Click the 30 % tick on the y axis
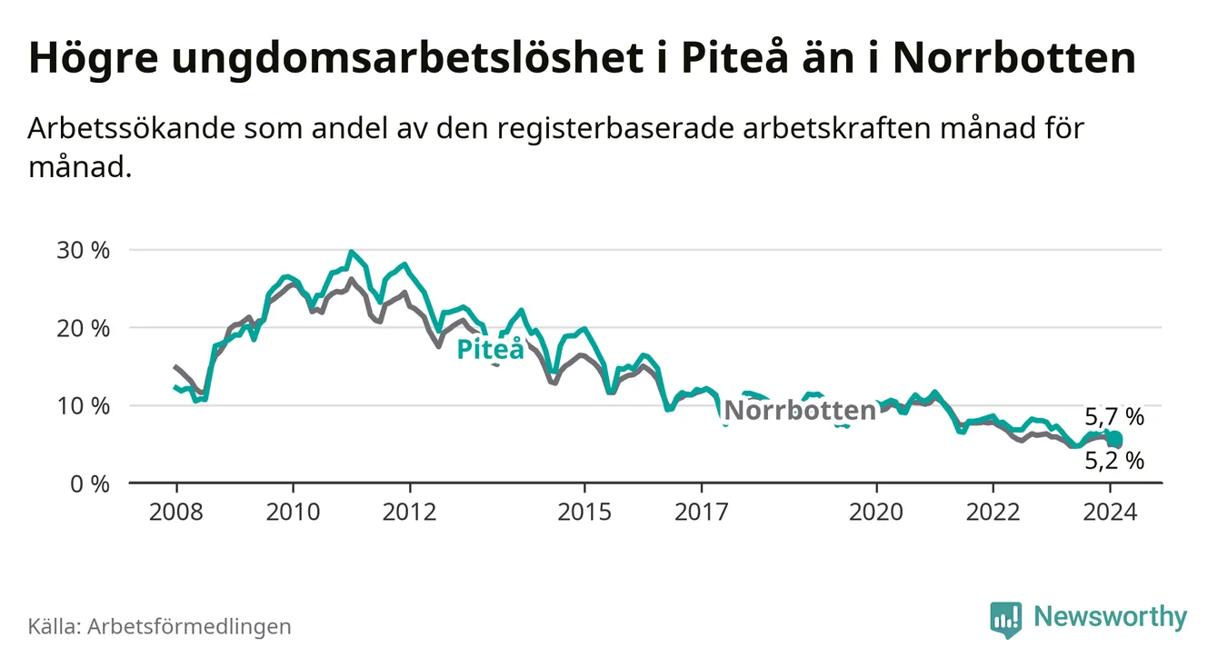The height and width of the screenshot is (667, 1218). click(x=85, y=250)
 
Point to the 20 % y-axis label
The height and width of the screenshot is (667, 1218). click(x=85, y=328)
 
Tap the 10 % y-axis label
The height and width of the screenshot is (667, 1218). click(x=85, y=406)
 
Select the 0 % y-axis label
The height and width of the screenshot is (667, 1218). click(x=90, y=484)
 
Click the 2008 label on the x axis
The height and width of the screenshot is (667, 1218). click(x=175, y=512)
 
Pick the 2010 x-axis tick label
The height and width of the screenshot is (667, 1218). click(x=293, y=512)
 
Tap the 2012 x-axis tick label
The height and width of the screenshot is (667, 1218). click(x=410, y=512)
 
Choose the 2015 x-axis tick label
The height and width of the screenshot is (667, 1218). click(x=584, y=512)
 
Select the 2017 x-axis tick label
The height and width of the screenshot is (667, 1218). click(x=701, y=512)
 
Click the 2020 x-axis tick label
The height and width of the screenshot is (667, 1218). click(x=876, y=512)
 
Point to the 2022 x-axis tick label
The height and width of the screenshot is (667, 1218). click(x=993, y=512)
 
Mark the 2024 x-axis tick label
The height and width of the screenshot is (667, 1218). click(x=1110, y=512)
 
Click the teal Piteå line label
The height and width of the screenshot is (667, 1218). click(x=491, y=349)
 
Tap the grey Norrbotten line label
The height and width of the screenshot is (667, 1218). click(x=799, y=411)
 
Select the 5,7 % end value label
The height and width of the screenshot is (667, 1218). click(x=1114, y=418)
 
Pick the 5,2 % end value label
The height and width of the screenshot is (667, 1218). click(x=1114, y=462)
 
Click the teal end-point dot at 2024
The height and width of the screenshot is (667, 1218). click(x=1114, y=440)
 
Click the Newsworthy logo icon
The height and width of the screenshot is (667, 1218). click(x=1006, y=618)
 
